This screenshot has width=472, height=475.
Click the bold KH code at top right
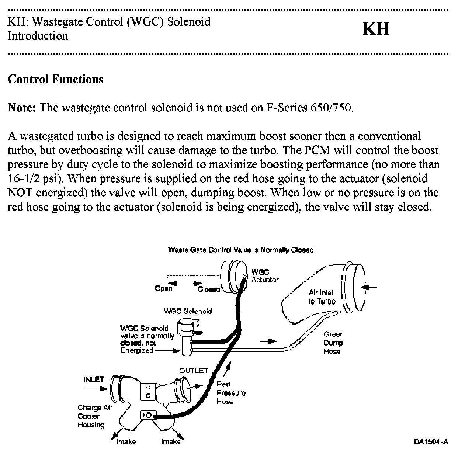click(375, 29)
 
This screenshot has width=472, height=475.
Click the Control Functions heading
click(55, 79)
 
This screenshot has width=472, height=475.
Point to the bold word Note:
click(22, 108)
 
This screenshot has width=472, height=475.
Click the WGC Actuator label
click(264, 276)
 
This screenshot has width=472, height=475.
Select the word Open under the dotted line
click(163, 288)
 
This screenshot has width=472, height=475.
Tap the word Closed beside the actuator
click(209, 289)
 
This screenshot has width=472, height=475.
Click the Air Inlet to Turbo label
click(322, 297)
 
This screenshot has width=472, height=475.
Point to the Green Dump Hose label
click(333, 343)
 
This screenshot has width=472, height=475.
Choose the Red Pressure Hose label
click(231, 393)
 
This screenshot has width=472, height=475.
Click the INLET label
click(94, 379)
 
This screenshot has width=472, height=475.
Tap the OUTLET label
click(194, 371)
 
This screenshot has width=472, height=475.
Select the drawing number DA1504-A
click(431, 441)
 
